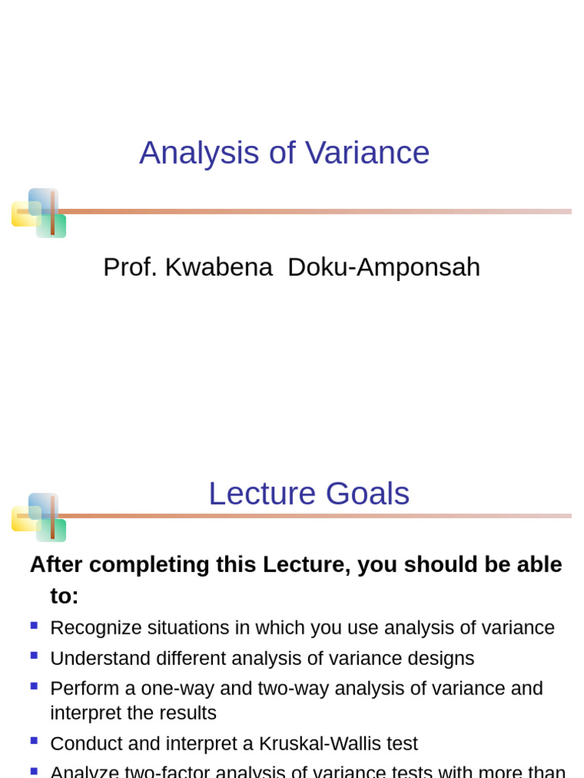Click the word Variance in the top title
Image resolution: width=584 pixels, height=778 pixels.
click(x=367, y=153)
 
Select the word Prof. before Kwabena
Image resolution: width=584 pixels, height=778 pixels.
click(x=130, y=267)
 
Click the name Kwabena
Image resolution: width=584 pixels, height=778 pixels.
click(x=219, y=267)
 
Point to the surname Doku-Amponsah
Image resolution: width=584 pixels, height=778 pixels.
click(x=384, y=267)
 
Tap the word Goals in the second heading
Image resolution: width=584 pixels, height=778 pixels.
click(x=368, y=494)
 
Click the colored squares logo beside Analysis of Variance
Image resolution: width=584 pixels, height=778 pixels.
click(x=39, y=213)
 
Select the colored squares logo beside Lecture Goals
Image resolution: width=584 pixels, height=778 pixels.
click(x=39, y=517)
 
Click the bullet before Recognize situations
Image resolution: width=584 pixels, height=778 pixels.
click(x=33, y=625)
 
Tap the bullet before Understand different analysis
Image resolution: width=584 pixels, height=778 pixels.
click(x=33, y=656)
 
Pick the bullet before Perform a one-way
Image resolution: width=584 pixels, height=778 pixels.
click(x=33, y=686)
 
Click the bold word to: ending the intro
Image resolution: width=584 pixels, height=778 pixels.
click(x=65, y=596)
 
